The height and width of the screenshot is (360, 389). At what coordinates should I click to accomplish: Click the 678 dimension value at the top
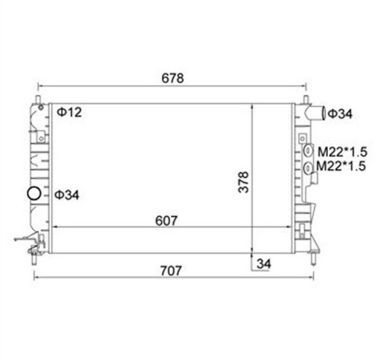172,78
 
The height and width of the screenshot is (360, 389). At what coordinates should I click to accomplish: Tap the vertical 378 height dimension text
244,181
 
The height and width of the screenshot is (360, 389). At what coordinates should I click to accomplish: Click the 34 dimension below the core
263,263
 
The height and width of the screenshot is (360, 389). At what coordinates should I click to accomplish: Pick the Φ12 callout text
69,112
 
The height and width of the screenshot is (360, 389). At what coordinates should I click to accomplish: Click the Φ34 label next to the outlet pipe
340,113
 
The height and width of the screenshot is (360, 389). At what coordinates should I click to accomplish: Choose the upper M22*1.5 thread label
341,151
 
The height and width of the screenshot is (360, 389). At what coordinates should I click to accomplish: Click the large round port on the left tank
34,195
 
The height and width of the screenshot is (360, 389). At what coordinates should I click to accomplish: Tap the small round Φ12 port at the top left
41,107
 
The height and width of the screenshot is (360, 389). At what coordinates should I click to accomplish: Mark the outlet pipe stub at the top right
316,113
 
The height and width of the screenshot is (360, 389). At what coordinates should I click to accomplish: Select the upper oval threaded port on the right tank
308,151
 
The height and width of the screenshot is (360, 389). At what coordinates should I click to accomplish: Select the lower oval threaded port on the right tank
308,167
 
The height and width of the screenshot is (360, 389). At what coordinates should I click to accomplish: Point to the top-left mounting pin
38,98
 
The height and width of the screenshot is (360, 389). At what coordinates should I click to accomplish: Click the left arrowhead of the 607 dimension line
56,228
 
